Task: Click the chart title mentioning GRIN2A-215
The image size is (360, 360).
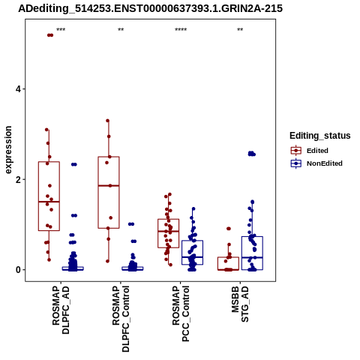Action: tap(150, 8)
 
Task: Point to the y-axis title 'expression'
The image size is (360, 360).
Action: tap(8, 150)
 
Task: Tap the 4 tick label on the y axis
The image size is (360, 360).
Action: tap(18, 89)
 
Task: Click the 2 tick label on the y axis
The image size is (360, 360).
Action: tap(18, 179)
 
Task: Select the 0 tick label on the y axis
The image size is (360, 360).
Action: tap(18, 270)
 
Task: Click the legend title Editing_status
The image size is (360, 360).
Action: tap(320, 136)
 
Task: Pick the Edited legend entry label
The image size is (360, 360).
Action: tap(317, 151)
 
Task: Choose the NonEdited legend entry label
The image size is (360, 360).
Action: tap(325, 163)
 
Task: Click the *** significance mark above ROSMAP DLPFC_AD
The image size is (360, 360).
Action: tap(61, 30)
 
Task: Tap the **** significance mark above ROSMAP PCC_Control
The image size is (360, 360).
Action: tap(181, 30)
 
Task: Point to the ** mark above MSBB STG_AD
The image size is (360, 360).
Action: tap(240, 30)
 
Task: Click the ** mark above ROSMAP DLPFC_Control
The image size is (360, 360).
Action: tap(121, 30)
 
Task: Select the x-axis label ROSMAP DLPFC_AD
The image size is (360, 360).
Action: tap(61, 310)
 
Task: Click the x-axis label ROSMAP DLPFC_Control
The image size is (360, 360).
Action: tap(121, 319)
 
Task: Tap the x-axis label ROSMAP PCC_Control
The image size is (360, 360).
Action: tap(181, 313)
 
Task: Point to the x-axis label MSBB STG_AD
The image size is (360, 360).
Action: tap(240, 304)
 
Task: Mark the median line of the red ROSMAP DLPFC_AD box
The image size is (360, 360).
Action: tap(49, 202)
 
